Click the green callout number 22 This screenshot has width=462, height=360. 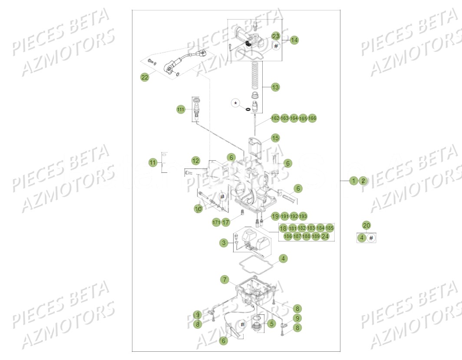[x=144, y=77]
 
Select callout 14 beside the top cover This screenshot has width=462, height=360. [x=294, y=40]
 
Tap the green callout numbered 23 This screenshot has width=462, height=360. [x=276, y=36]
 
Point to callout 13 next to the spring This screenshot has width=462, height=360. [x=275, y=87]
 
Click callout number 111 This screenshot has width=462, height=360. [x=180, y=109]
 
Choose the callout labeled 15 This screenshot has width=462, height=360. [x=275, y=138]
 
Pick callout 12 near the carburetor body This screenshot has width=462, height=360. [x=196, y=161]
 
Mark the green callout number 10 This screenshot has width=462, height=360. [x=198, y=209]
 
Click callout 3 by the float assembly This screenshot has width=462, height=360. [x=224, y=243]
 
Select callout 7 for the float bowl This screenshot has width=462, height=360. [x=224, y=280]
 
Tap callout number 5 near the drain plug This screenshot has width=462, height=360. [x=271, y=323]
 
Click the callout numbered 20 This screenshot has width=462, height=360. [x=366, y=225]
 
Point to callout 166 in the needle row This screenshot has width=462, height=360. [x=312, y=118]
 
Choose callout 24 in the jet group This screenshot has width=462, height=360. [x=325, y=236]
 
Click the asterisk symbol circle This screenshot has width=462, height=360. [x=235, y=103]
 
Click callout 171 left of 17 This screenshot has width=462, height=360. [x=216, y=222]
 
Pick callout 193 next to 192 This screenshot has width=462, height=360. [x=303, y=216]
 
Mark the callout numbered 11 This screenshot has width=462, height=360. [x=152, y=163]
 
